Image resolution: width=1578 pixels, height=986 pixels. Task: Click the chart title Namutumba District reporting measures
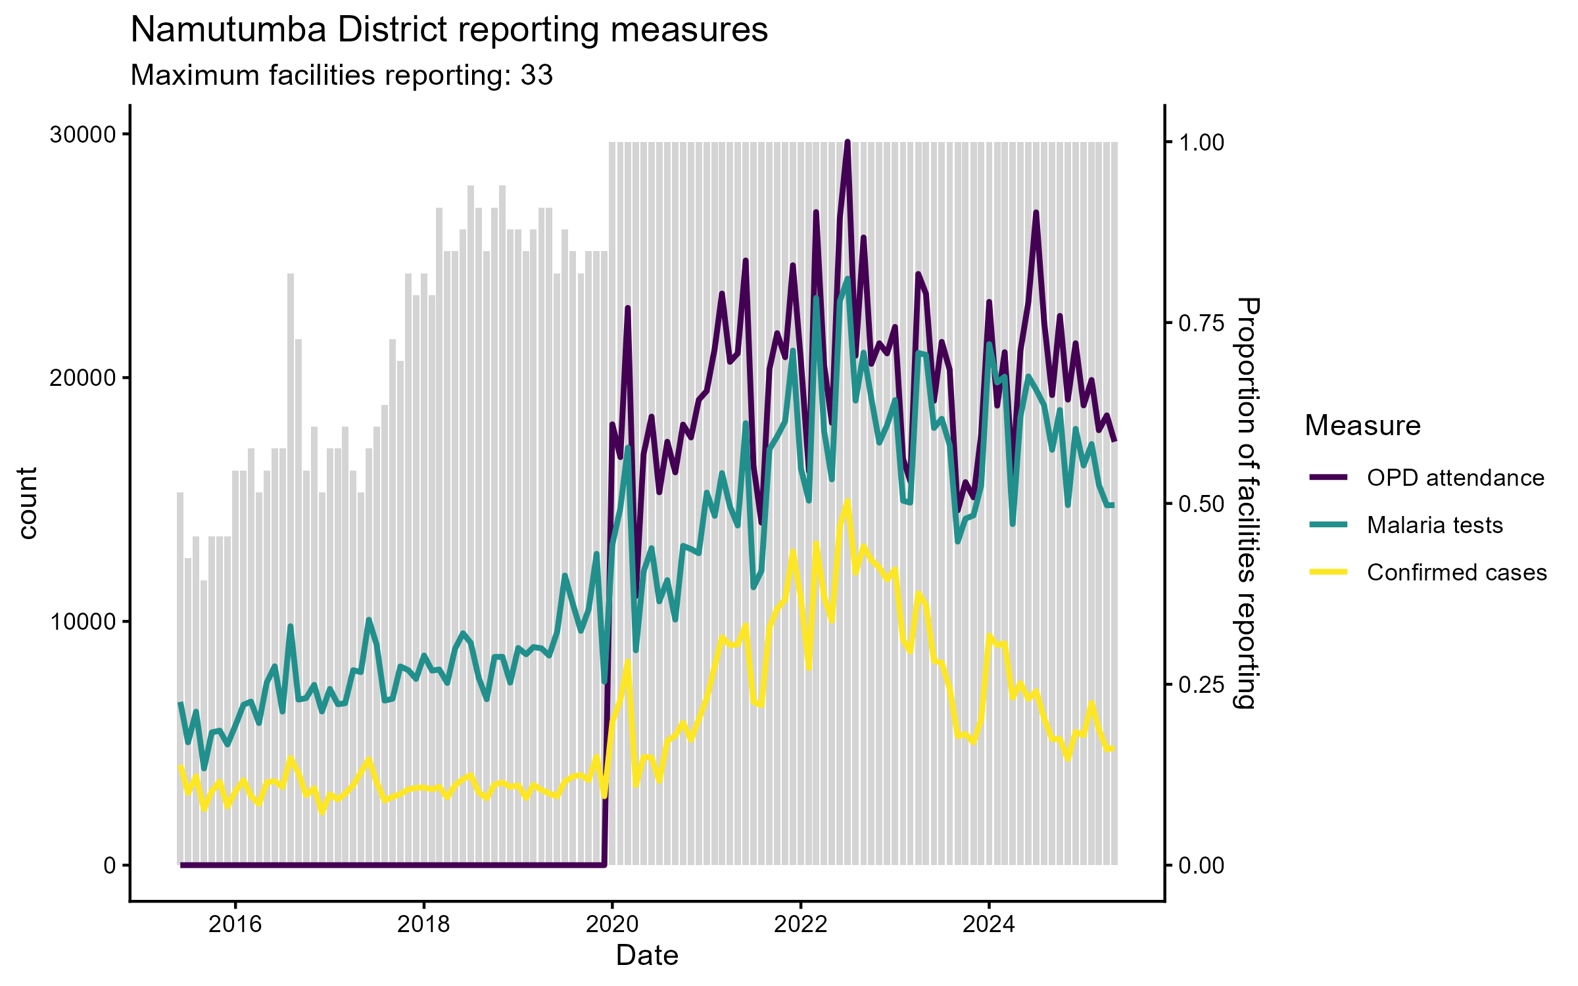(449, 30)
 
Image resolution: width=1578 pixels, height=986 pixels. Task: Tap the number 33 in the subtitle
(537, 76)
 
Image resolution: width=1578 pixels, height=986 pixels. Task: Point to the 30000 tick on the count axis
(82, 135)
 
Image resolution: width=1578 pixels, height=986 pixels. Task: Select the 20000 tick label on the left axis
(82, 379)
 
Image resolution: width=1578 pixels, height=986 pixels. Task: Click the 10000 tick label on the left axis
(82, 622)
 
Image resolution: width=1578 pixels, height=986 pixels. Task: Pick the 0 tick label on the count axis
(109, 866)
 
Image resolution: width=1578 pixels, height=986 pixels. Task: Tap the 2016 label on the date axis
(235, 924)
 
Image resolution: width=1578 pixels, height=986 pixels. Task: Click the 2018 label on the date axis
(424, 924)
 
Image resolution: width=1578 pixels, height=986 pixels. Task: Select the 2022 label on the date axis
(800, 924)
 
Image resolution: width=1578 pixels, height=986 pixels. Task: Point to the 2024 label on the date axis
(989, 924)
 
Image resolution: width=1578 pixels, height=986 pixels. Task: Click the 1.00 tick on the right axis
(1201, 143)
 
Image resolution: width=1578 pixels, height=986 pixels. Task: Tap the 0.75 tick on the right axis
(1201, 323)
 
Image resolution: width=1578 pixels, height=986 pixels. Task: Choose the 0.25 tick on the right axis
(1201, 685)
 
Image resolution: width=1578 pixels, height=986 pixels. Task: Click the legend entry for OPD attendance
(1455, 478)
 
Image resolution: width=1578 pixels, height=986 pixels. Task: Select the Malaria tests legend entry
(1435, 525)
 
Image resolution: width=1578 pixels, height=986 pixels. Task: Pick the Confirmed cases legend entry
(1456, 573)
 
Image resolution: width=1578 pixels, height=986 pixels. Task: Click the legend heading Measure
(1362, 425)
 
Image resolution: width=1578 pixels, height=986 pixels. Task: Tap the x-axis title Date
(647, 955)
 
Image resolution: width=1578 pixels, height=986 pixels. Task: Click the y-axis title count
(28, 503)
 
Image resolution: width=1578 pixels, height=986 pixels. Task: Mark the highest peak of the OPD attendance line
(848, 142)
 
